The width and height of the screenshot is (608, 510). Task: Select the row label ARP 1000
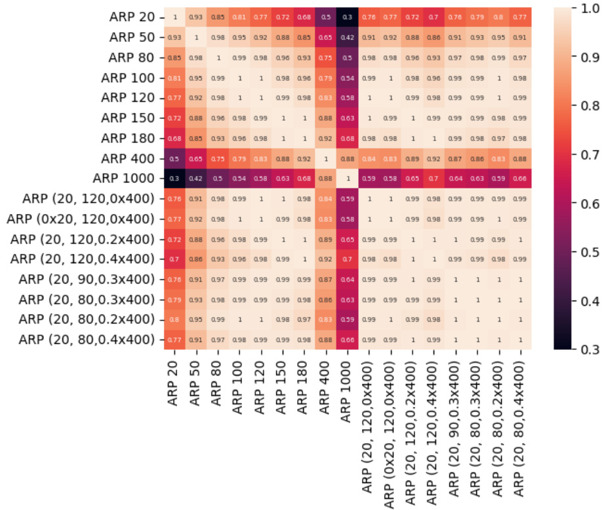125,179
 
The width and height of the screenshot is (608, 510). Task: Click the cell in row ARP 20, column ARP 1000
347,17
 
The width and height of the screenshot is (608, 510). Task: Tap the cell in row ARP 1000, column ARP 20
174,179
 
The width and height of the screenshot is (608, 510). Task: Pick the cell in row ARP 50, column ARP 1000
347,37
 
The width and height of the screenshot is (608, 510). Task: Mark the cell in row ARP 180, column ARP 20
174,138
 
